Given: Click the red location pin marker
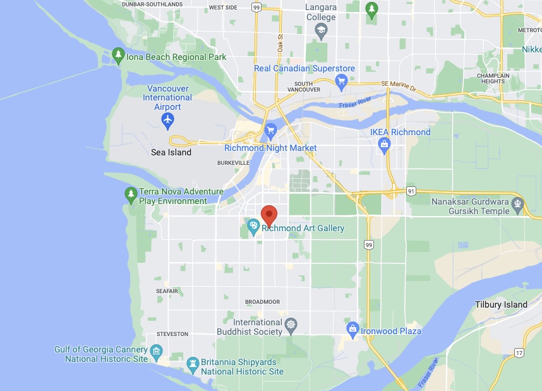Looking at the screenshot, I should [269, 214].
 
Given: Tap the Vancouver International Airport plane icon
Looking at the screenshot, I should [167, 119].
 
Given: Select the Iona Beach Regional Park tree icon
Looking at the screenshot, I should [117, 56].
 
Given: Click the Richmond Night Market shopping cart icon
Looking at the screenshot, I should [270, 131].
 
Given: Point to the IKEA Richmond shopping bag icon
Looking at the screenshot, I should [383, 145].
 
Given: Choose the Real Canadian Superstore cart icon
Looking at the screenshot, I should [342, 80].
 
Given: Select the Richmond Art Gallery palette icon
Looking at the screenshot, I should [253, 226].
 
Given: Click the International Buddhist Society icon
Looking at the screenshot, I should [291, 326].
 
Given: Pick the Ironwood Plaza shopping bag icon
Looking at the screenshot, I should [352, 328].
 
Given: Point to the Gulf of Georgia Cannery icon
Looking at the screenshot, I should [155, 351].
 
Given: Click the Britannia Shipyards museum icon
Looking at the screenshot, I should [193, 363].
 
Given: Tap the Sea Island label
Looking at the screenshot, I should [171, 152].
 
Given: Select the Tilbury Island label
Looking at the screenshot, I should [501, 304].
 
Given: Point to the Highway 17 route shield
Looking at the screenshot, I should [519, 352].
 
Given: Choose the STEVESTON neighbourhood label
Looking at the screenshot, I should [172, 334].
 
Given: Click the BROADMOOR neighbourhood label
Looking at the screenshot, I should [262, 302].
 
